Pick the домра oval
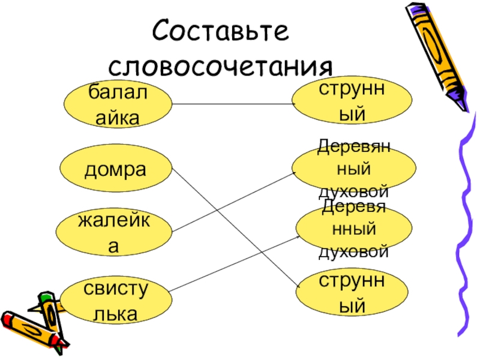115,170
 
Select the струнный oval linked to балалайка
352,101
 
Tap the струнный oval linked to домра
352,294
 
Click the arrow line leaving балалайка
234,104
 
